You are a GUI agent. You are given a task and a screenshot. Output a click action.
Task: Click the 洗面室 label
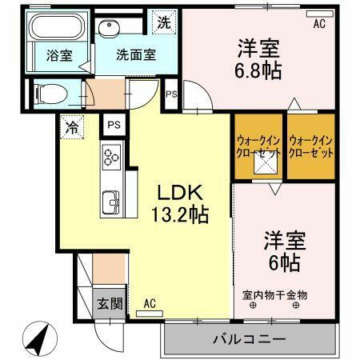[136, 56]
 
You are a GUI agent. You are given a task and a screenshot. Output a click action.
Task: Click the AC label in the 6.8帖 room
[319, 24]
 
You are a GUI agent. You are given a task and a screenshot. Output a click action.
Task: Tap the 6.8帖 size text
[258, 70]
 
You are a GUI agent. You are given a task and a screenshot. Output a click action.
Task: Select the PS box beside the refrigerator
[113, 126]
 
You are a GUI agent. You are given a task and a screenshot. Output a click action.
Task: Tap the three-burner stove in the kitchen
[110, 157]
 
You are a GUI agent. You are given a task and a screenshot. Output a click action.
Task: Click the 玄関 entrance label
[110, 303]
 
